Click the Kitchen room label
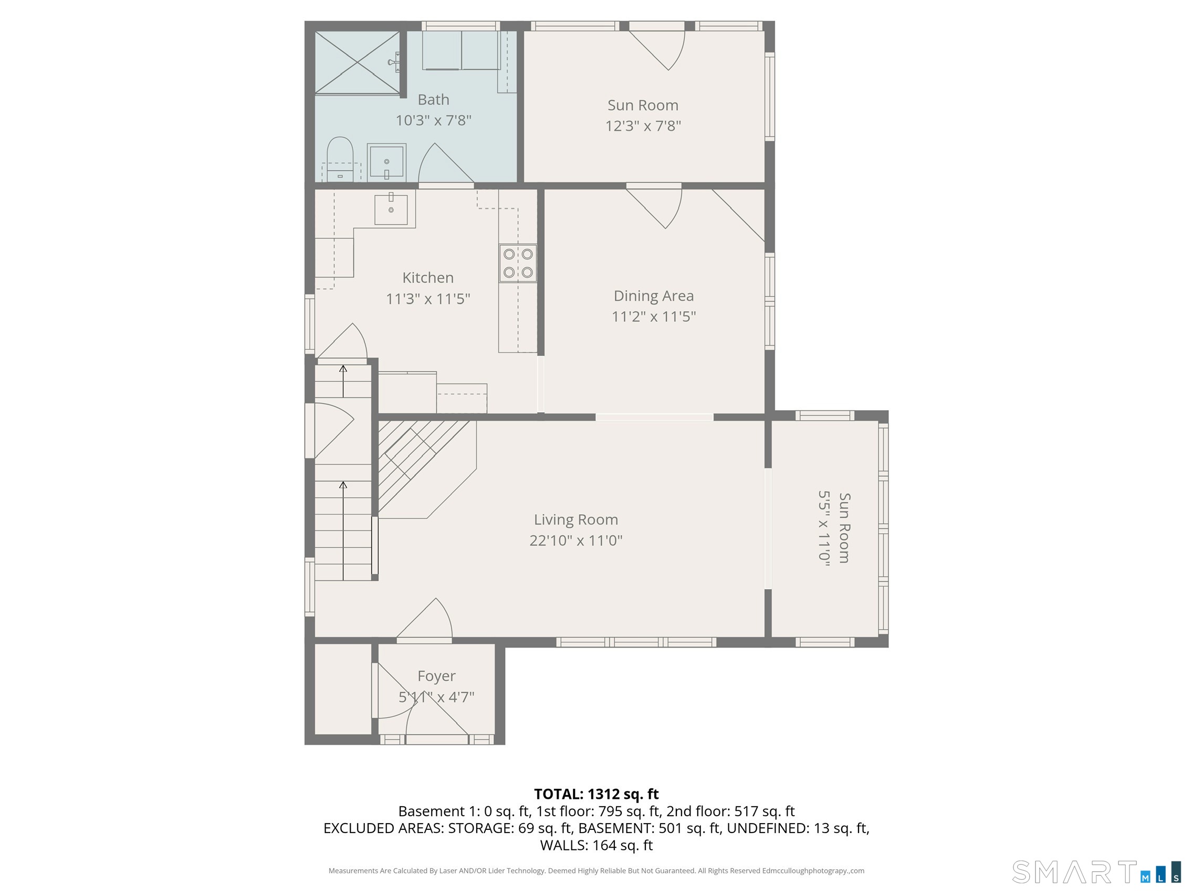pyautogui.click(x=428, y=278)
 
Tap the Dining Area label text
pyautogui.click(x=654, y=296)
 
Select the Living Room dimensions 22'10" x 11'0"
pyautogui.click(x=576, y=540)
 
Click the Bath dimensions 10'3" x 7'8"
pyautogui.click(x=434, y=120)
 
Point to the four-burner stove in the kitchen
pyautogui.click(x=518, y=263)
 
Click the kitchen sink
pyautogui.click(x=391, y=210)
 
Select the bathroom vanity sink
pyautogui.click(x=386, y=161)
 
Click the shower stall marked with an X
pyautogui.click(x=358, y=63)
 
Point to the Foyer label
pyautogui.click(x=436, y=677)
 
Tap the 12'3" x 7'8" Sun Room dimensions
pyautogui.click(x=643, y=126)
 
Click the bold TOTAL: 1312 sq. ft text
pyautogui.click(x=596, y=794)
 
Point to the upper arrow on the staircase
pyautogui.click(x=343, y=381)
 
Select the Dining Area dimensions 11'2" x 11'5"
pyautogui.click(x=654, y=317)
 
